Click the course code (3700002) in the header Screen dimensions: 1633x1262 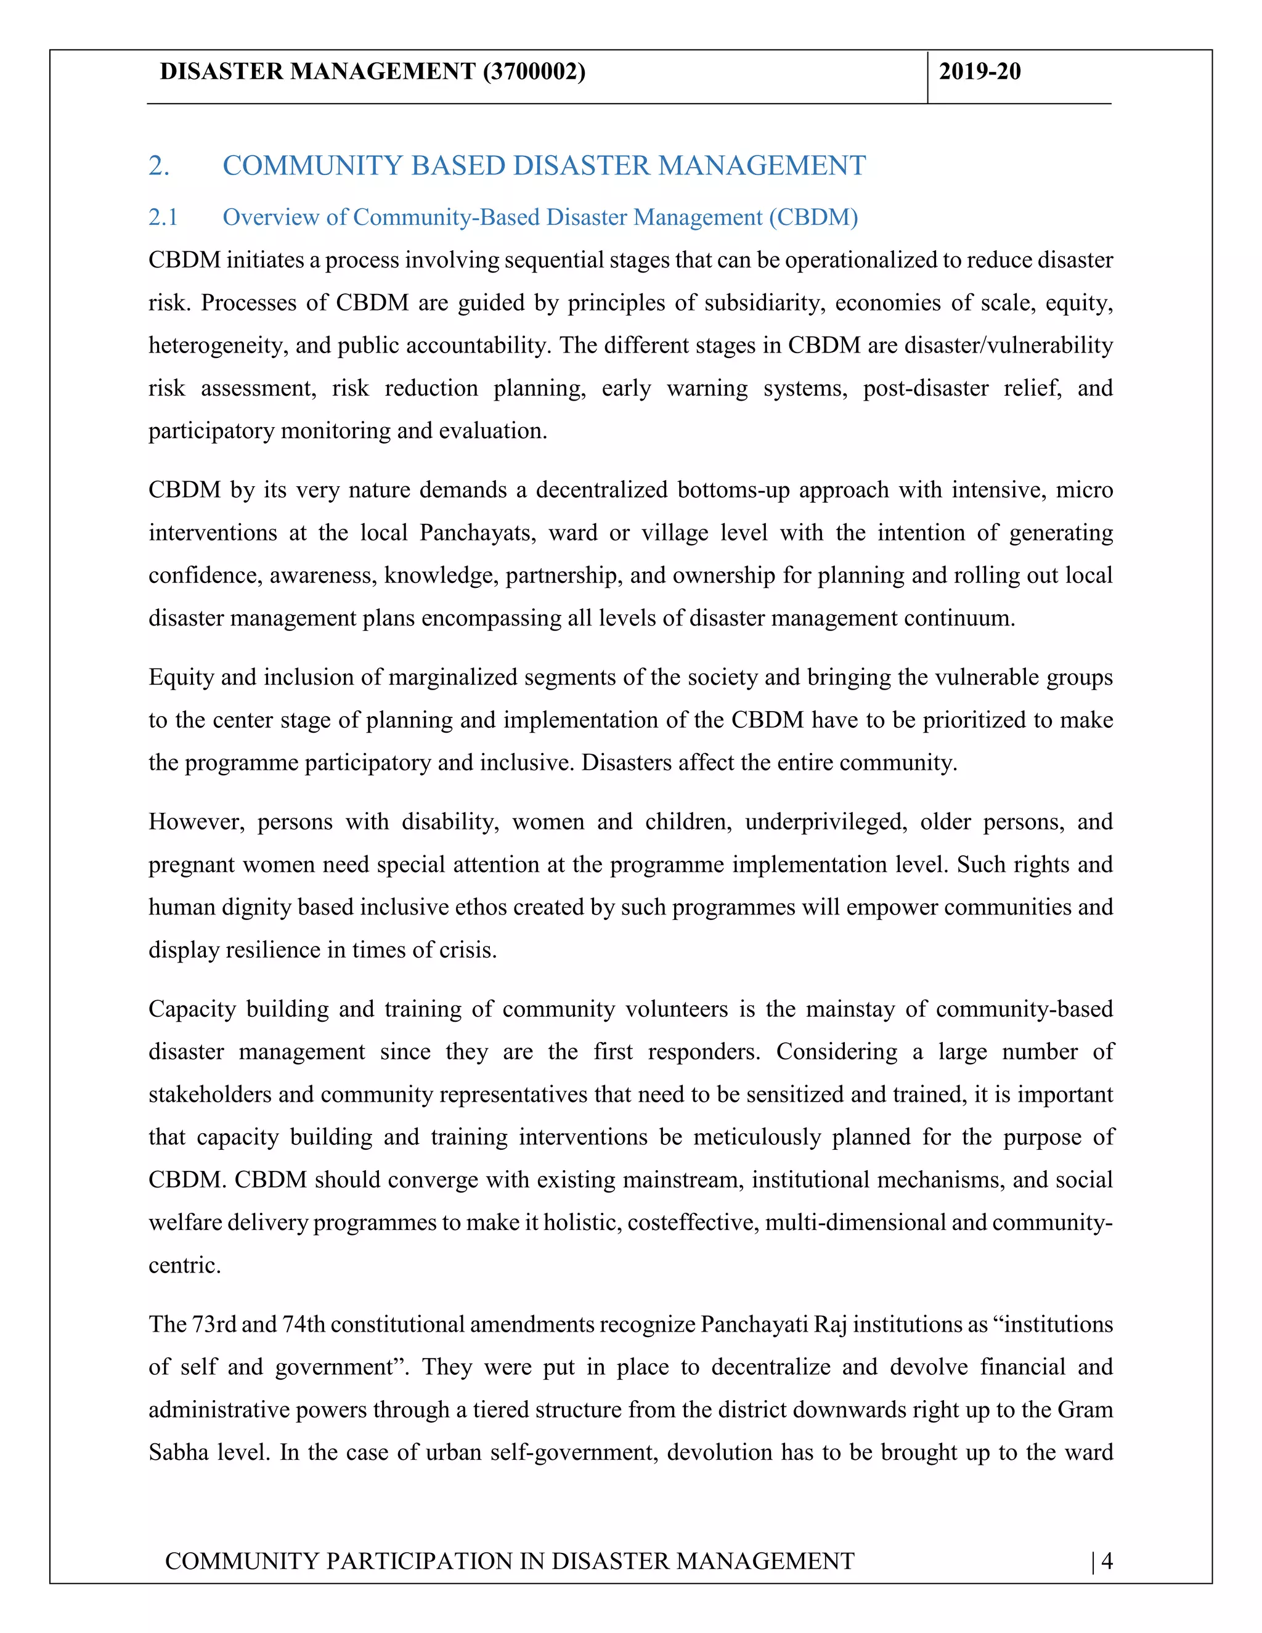pos(534,71)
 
